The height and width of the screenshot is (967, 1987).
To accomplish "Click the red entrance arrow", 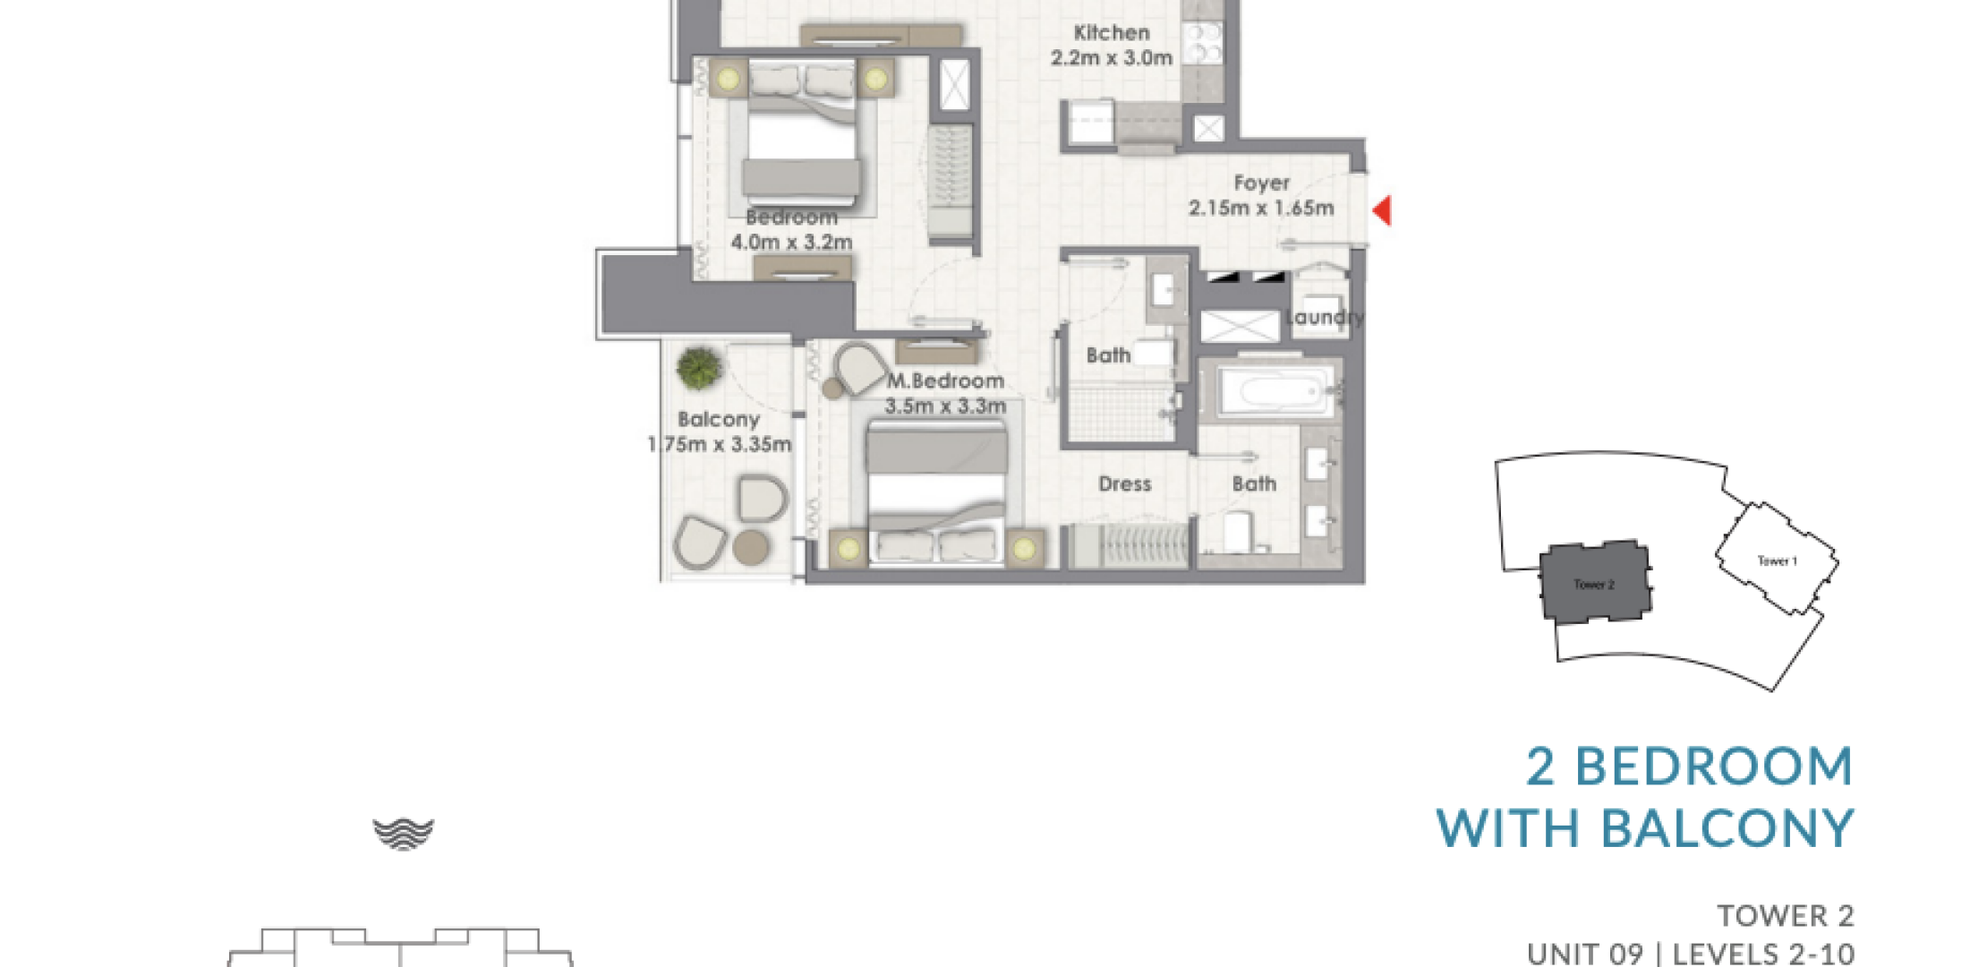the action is (1383, 210).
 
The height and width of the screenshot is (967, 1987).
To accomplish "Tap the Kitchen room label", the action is (1112, 33).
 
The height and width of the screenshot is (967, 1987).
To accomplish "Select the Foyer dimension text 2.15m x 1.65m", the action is (1261, 208).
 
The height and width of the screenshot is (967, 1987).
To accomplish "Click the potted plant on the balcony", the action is (699, 368).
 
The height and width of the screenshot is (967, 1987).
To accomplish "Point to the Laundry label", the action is (1325, 317).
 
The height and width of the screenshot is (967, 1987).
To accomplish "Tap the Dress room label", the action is (1125, 483).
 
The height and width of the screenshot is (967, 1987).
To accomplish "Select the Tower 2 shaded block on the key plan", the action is (1595, 582).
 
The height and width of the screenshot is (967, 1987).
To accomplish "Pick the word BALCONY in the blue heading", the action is (1727, 828).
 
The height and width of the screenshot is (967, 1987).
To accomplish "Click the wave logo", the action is (404, 834).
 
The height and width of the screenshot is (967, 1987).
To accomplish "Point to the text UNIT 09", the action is (1585, 954).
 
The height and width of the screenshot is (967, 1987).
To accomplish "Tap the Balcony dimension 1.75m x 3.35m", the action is (720, 444).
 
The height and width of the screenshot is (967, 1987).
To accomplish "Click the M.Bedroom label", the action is (945, 381).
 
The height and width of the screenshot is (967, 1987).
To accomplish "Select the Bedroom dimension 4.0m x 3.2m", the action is (792, 242).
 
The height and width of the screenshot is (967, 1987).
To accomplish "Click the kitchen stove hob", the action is (1204, 43).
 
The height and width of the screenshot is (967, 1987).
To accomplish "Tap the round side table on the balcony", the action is (751, 547).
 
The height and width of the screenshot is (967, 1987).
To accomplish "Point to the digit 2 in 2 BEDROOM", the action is (1540, 767).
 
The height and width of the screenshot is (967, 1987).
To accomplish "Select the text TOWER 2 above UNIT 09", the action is (1786, 916).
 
